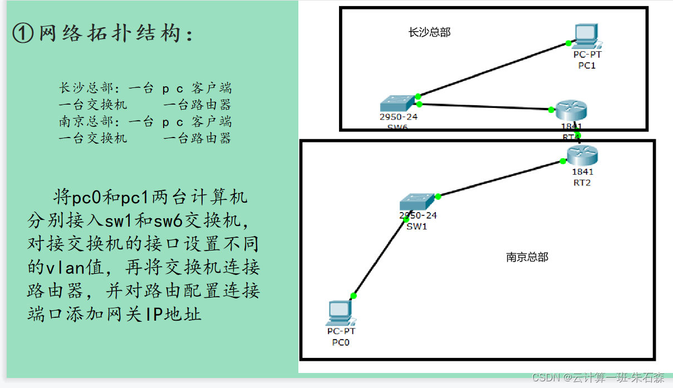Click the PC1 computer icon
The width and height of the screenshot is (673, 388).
(x=586, y=35)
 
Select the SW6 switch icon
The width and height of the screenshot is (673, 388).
(x=397, y=104)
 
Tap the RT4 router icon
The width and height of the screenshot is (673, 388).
(x=571, y=111)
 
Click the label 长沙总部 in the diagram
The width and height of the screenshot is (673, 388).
(x=429, y=32)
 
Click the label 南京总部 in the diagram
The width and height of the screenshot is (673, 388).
(x=527, y=257)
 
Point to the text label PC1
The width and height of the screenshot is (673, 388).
(x=587, y=65)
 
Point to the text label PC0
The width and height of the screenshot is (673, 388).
(x=341, y=342)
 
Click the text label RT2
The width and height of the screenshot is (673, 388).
(x=582, y=183)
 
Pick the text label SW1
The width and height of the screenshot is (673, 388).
(x=417, y=225)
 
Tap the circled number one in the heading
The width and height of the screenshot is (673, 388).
(x=23, y=34)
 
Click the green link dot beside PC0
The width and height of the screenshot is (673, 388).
(x=353, y=296)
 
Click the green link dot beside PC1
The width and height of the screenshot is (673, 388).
(x=568, y=43)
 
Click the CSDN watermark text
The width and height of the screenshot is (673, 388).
(x=598, y=378)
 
